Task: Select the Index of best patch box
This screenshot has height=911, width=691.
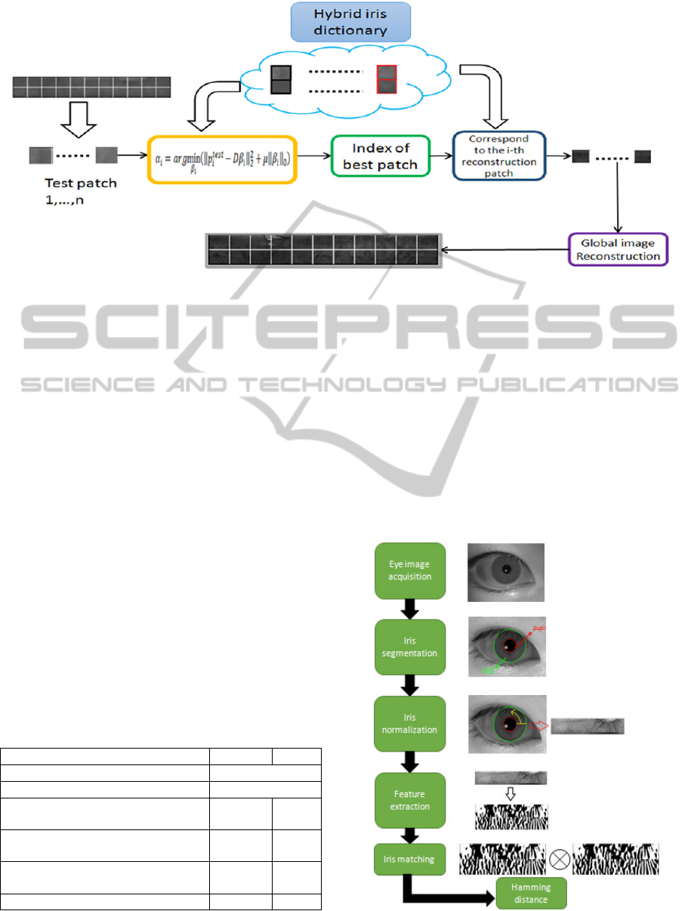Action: point(381,156)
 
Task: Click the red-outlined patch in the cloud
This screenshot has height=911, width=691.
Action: point(387,79)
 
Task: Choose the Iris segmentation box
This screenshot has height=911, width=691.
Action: point(409,647)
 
